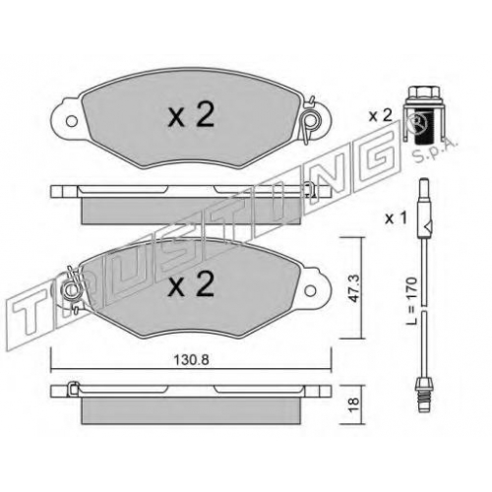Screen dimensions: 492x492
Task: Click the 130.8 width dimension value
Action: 191,360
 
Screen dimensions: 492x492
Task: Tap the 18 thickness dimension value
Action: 353,405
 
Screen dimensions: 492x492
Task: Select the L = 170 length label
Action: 410,301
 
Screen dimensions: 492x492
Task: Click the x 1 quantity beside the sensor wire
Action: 396,218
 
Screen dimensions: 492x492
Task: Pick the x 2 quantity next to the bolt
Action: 381,116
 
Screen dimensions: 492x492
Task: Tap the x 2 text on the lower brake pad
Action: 191,283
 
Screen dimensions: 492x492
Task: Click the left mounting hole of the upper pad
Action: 71,121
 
